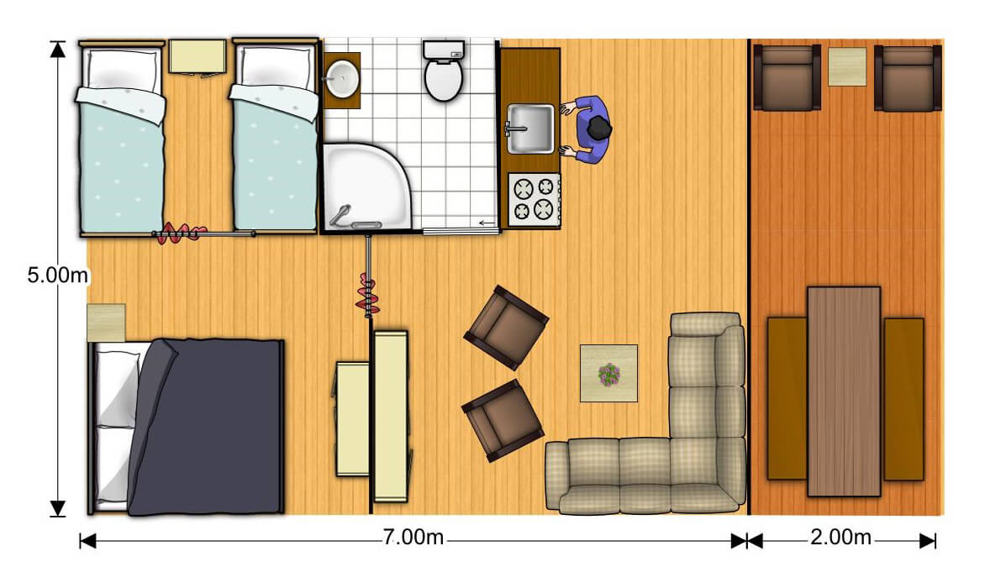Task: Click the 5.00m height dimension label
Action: coord(57,276)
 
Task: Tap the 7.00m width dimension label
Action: coord(413,538)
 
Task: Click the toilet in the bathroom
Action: coord(443,71)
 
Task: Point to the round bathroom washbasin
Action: coord(341,79)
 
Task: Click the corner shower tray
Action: coord(366,186)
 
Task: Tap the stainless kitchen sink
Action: coord(530,129)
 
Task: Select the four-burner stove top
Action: coord(534,199)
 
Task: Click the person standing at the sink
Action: coord(588,130)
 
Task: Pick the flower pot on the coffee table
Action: coord(609,374)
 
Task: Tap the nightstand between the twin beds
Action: coord(197,57)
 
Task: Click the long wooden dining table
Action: coord(844,391)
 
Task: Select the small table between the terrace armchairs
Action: coord(846,66)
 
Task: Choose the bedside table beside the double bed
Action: coord(106,323)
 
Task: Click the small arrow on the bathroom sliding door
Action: coord(486,223)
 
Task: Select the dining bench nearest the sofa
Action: coord(787,399)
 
